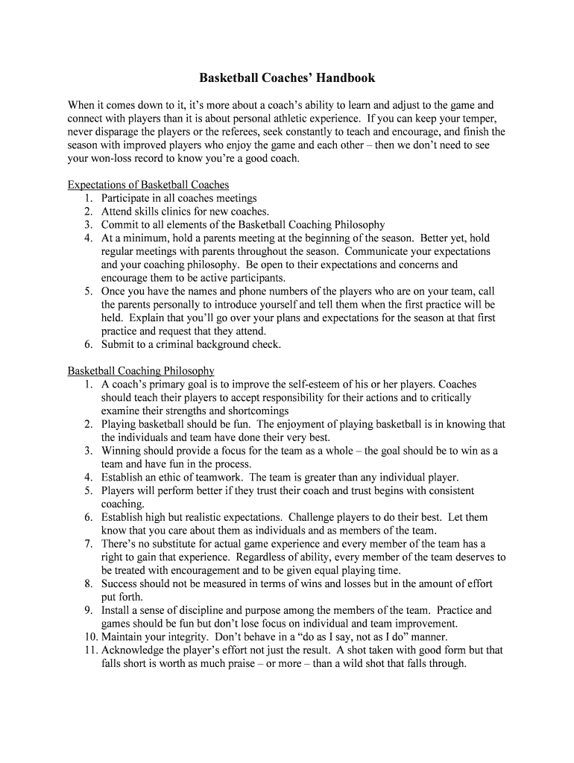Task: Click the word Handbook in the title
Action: tap(343, 77)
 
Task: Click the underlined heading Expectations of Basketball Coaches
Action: tap(148, 185)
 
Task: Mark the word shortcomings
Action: tap(258, 411)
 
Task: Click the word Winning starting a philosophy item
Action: tap(120, 451)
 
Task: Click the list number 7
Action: tap(87, 544)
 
